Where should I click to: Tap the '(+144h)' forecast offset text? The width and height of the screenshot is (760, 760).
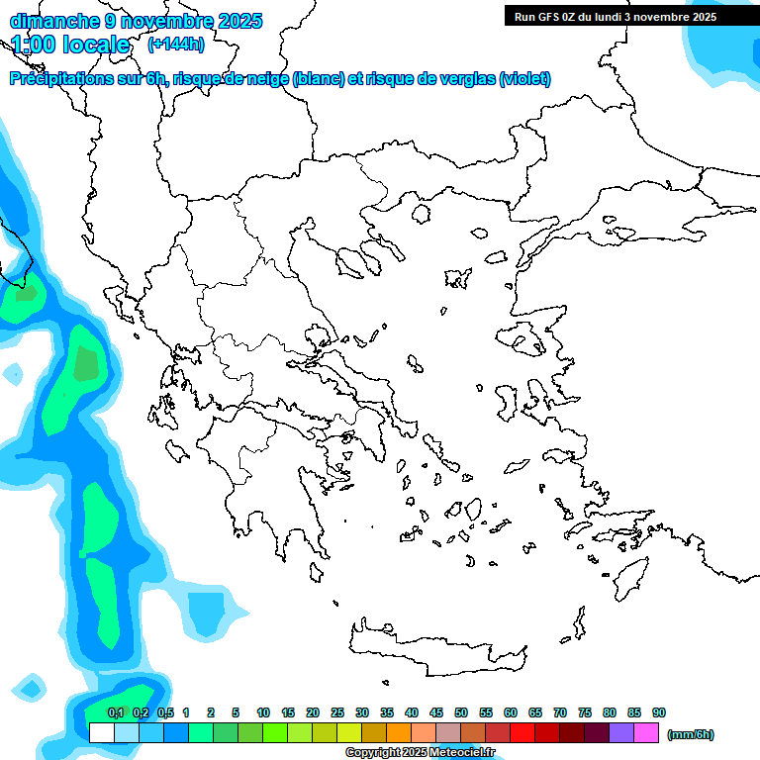pos(175,44)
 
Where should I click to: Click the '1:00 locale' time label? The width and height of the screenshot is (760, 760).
pos(70,45)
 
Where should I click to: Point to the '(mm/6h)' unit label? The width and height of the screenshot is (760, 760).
pos(691,734)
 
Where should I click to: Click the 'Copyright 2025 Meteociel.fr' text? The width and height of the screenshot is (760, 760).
pos(420,753)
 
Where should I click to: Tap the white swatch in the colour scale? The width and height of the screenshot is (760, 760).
pos(102,733)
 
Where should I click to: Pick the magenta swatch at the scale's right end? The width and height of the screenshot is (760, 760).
pos(646,733)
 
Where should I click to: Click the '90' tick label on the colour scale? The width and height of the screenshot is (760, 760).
pos(659,712)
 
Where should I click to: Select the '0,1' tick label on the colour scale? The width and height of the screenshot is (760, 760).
pos(116,712)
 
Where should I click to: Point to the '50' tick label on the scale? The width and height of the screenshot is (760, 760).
pos(461,712)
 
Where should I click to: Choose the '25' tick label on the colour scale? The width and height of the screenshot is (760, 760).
pos(337,712)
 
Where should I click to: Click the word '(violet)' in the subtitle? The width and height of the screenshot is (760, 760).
pos(524,79)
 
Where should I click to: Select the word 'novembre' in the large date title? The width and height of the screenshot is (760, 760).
pos(161,21)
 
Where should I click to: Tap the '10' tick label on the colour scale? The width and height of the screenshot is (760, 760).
pos(263,712)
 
